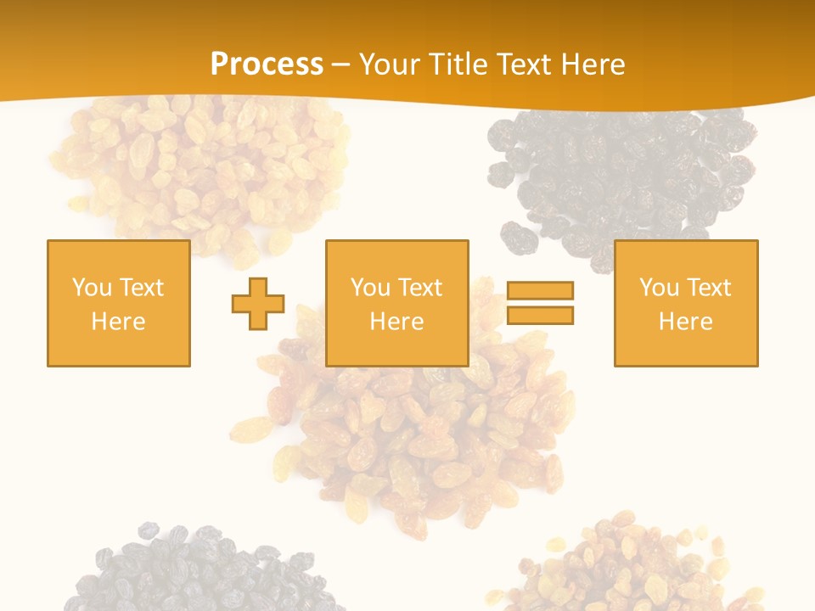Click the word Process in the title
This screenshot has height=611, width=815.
[267, 64]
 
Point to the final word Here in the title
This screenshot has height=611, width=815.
[593, 64]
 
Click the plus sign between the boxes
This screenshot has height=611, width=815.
[258, 304]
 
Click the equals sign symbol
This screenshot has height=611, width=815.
[540, 303]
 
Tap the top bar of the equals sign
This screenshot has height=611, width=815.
[540, 290]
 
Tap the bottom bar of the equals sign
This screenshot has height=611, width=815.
[540, 316]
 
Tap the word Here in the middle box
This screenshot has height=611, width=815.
[397, 322]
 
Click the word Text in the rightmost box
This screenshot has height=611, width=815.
[709, 288]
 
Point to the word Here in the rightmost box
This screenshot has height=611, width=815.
[686, 322]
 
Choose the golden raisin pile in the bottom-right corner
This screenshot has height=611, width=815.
[628, 564]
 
